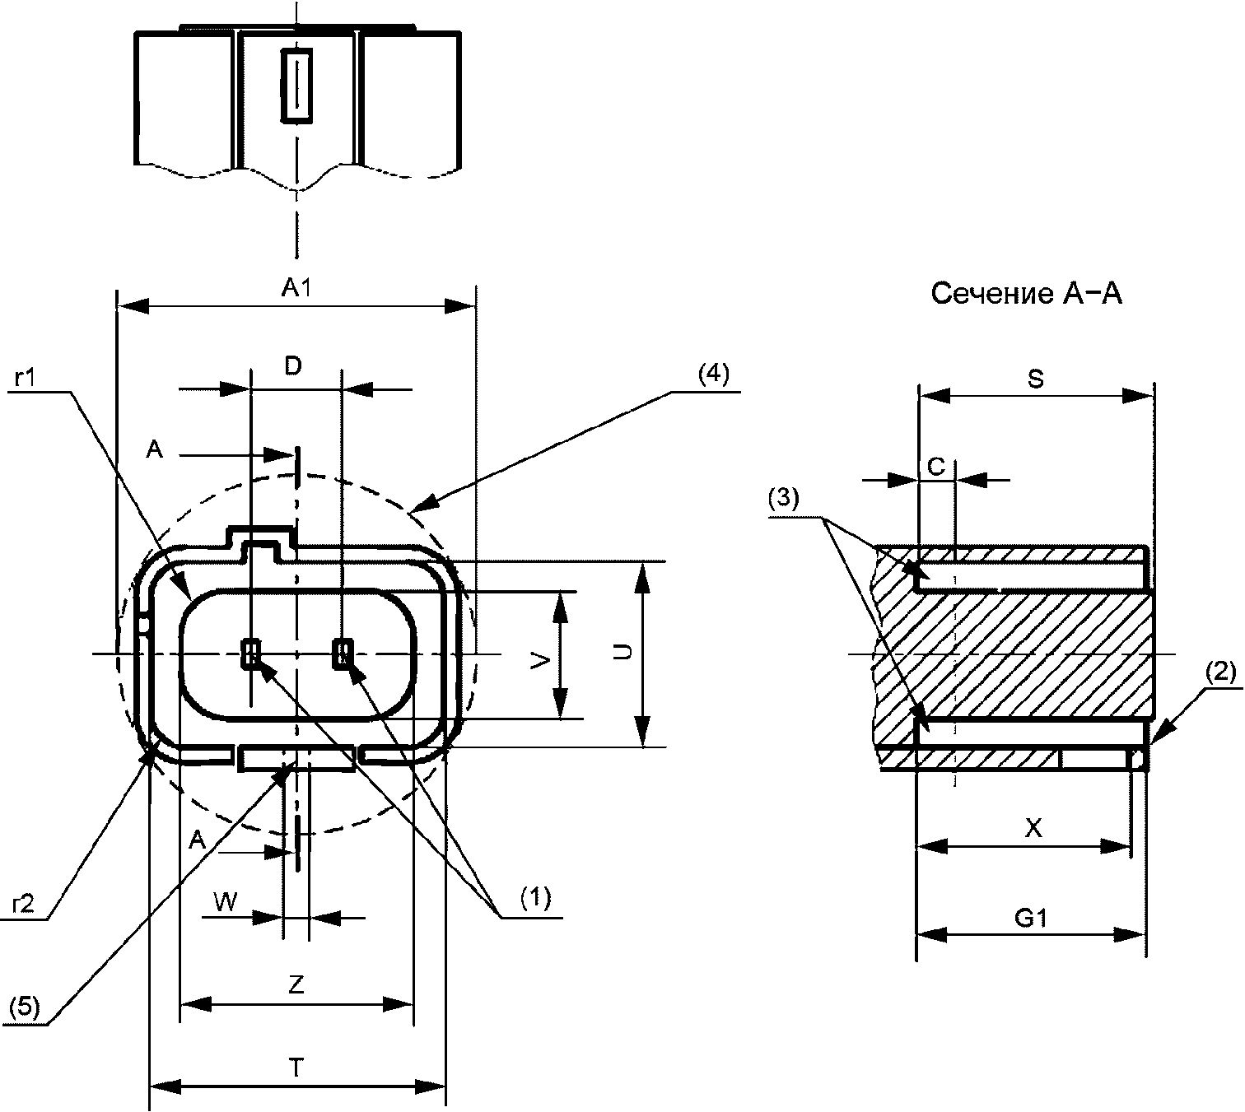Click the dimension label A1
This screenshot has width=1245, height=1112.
(296, 288)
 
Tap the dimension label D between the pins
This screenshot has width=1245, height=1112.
(293, 366)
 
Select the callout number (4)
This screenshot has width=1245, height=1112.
(713, 375)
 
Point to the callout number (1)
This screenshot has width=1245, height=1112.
(536, 898)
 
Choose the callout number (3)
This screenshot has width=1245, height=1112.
(784, 498)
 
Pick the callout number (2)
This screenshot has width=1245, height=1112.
(1219, 672)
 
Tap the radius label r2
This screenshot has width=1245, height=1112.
(23, 904)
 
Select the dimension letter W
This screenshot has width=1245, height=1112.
(226, 902)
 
